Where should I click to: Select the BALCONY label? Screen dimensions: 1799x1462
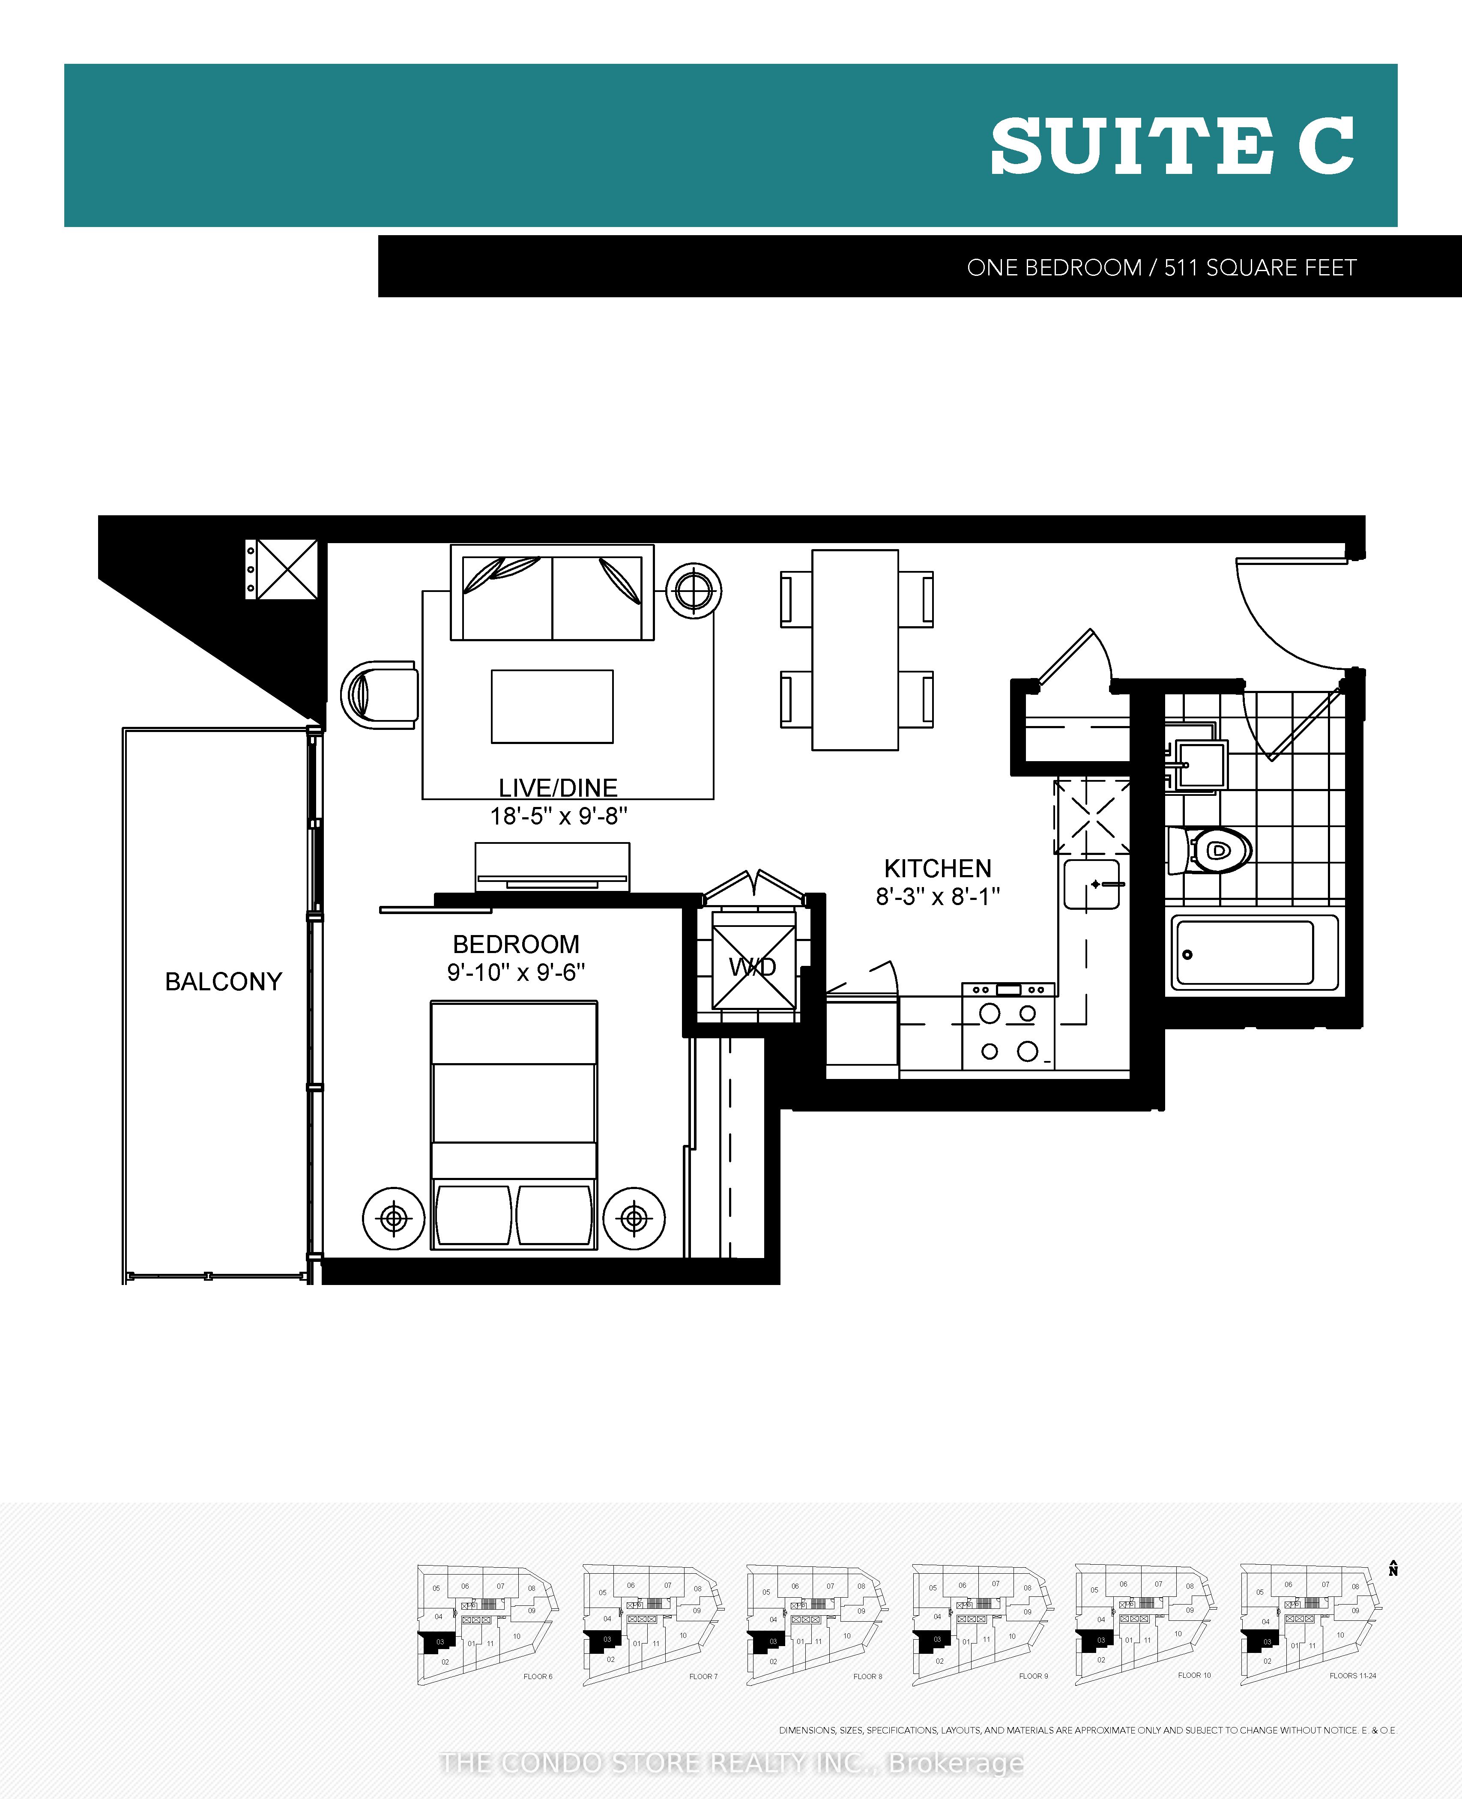click(x=223, y=981)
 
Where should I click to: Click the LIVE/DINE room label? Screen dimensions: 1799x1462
click(x=558, y=787)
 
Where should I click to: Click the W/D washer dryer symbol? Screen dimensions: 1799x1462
click(x=753, y=967)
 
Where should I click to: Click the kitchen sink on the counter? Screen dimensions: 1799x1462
click(x=1091, y=885)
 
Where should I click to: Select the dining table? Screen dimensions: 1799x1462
click(x=855, y=649)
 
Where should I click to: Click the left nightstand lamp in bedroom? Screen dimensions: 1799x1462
click(x=393, y=1218)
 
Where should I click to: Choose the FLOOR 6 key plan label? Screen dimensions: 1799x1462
click(x=537, y=1676)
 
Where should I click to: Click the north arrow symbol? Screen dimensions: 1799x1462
click(x=1393, y=1568)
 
